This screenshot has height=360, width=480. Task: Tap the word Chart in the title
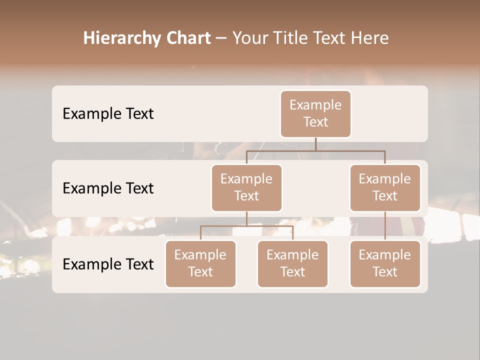pyautogui.click(x=188, y=38)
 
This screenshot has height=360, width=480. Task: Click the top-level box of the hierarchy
pyautogui.click(x=315, y=114)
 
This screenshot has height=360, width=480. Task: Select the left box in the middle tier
pyautogui.click(x=246, y=188)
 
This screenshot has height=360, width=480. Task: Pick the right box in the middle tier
pyautogui.click(x=385, y=188)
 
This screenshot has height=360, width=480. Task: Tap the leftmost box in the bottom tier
pyautogui.click(x=200, y=264)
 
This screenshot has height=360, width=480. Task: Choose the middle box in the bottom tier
pyautogui.click(x=292, y=264)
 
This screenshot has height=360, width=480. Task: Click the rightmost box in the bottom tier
pyautogui.click(x=385, y=264)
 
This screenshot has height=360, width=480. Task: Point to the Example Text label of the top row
pyautogui.click(x=108, y=114)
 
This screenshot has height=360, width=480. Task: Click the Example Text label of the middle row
pyautogui.click(x=108, y=188)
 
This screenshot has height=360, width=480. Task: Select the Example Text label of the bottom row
pyautogui.click(x=108, y=264)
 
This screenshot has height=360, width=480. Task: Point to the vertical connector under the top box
pyautogui.click(x=315, y=144)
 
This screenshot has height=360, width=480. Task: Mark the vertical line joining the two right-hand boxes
pyautogui.click(x=385, y=226)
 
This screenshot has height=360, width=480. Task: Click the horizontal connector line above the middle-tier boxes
pyautogui.click(x=315, y=150)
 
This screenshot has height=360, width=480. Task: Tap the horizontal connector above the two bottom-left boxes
pyautogui.click(x=246, y=226)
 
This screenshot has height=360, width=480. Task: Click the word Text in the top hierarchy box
pyautogui.click(x=315, y=122)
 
